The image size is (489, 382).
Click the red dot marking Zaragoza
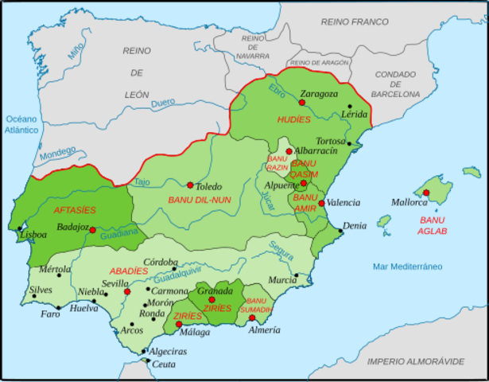302,102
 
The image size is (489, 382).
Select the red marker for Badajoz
93,230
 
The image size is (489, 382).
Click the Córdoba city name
161,261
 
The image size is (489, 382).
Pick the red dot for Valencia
321,203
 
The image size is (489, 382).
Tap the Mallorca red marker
426,193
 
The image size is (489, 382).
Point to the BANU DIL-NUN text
200,200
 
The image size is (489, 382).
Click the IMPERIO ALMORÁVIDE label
416,361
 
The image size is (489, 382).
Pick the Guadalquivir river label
182,279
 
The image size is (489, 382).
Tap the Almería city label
263,329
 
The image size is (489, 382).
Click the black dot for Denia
341,231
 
